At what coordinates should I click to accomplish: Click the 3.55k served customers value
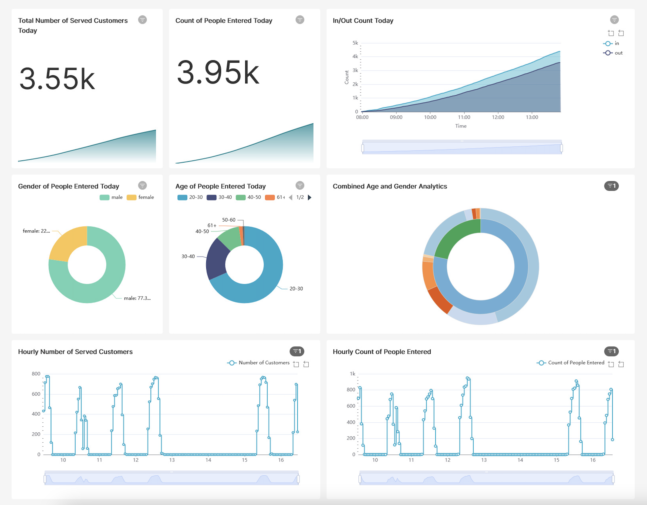pos(57,79)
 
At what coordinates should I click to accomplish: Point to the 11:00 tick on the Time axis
pos(464,117)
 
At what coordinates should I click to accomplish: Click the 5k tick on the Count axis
pos(355,43)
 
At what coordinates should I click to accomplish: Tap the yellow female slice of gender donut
pos(68,243)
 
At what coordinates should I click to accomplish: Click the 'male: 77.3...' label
pos(137,298)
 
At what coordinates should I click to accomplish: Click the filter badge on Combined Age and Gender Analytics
pos(611,186)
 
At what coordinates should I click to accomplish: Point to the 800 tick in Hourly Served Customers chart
pos(36,374)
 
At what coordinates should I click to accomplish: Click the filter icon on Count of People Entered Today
pos(299,20)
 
